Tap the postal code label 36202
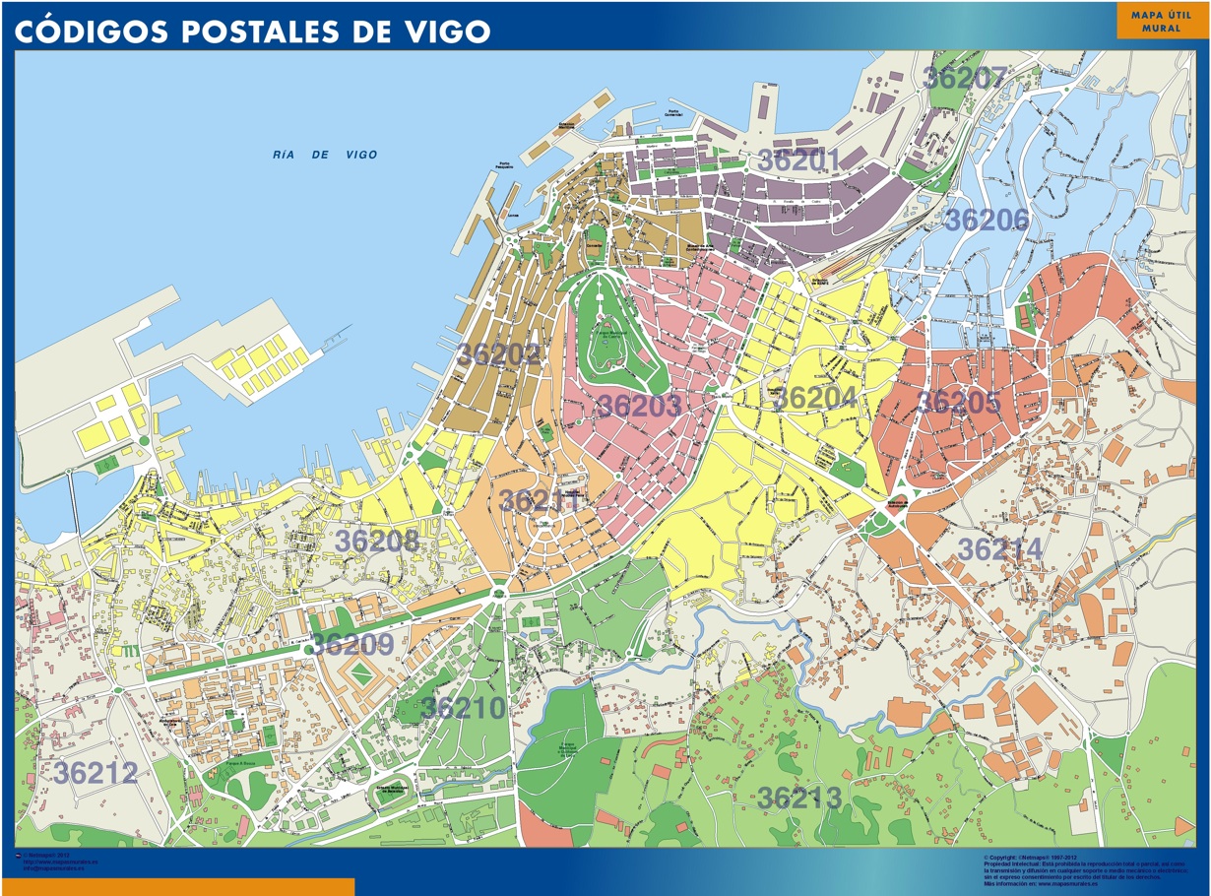[x=499, y=354]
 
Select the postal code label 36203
[x=639, y=406]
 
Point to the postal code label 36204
[x=814, y=399]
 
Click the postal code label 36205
[x=958, y=402]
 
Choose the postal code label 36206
[x=986, y=221]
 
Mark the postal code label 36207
[x=965, y=79]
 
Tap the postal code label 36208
[x=376, y=541]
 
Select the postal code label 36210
[x=463, y=707]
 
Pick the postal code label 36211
[x=539, y=500]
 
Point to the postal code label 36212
[x=96, y=773]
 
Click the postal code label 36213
[x=799, y=798]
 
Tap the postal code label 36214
[x=999, y=549]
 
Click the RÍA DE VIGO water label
[x=325, y=155]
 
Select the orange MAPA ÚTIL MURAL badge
[x=1161, y=22]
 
